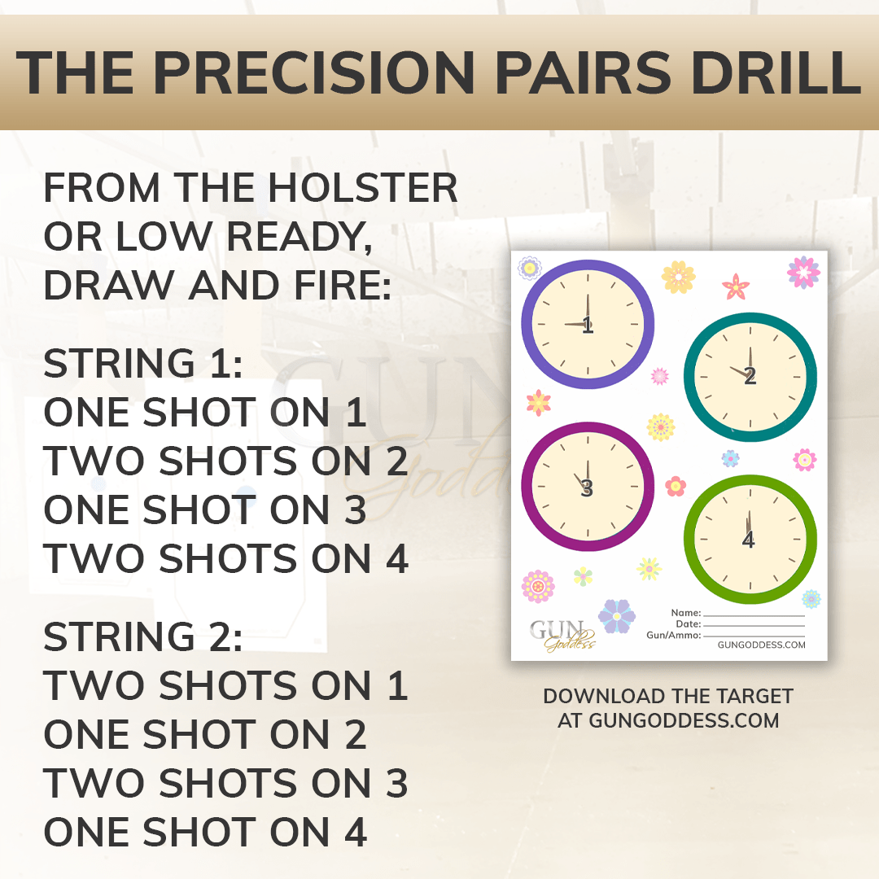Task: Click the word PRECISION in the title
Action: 314,72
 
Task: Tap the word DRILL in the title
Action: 776,72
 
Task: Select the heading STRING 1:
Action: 143,363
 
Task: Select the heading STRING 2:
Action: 143,636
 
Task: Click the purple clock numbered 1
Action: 588,324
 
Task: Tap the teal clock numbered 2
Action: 750,377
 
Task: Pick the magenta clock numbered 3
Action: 588,487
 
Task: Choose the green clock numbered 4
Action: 750,540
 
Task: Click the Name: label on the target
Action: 686,613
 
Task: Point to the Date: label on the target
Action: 689,624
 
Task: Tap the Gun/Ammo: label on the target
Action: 674,635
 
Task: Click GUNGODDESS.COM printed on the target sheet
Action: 761,645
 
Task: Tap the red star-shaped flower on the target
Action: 736,286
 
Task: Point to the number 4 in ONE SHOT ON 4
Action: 356,832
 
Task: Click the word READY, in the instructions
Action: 300,237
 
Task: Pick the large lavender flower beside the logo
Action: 617,616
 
